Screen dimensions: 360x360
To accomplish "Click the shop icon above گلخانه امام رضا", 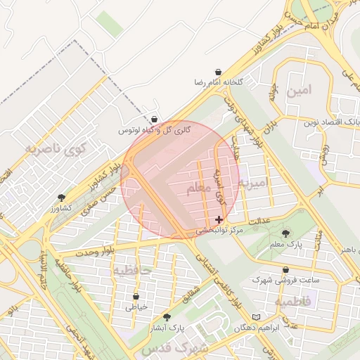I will pos(219,72).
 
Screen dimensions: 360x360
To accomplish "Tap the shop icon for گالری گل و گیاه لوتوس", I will pos(154,120).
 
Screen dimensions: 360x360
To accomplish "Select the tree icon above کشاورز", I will pos(61,198).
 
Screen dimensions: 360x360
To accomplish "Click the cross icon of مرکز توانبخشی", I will pos(219,220).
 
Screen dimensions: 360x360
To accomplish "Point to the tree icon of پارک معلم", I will pos(285,233).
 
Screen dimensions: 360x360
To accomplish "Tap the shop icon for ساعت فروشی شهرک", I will pos(285,269).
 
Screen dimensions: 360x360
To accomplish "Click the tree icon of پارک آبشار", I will pos(167,317).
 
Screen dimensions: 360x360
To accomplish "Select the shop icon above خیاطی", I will pos(136,297).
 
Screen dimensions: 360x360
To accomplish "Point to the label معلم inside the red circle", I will pos(199,188).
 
